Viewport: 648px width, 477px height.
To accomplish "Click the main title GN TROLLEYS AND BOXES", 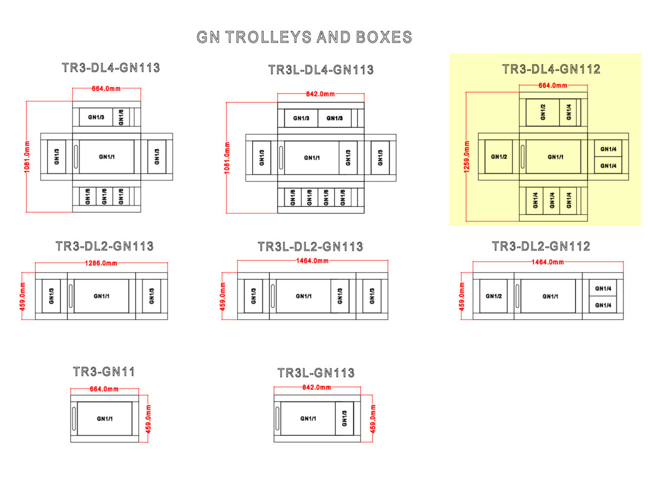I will pos(304,37).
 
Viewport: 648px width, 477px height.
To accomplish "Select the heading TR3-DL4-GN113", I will pos(111,68).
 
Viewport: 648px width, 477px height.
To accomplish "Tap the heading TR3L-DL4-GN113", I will pos(321,70).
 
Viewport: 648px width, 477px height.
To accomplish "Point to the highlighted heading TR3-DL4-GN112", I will pos(551,69).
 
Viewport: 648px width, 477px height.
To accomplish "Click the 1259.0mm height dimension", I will pos(467,157).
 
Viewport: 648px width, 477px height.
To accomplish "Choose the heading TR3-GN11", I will pos(104,372).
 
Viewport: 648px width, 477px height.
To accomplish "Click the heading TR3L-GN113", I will pos(316,373).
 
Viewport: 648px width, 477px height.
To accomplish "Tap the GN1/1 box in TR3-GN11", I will pos(105,419).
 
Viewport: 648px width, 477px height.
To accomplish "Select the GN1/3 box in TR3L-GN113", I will pos(344,419).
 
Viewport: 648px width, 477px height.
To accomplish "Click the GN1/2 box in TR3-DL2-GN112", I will pos(493,296).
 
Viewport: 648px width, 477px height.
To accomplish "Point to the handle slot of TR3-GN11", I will pos(74,419).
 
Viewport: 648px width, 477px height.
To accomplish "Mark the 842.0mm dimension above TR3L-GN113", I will pos(317,387).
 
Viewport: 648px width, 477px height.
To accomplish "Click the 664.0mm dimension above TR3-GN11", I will pos(105,389).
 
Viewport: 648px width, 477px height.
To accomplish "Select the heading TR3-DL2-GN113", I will pos(104,246).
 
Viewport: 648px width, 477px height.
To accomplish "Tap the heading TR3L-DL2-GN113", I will pos(310,247).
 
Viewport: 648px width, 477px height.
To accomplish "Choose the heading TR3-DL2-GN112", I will pos(541,246).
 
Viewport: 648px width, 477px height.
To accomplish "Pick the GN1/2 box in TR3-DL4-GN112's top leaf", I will pos(543,112).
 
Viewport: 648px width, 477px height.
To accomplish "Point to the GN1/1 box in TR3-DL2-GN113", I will pos(101,296).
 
